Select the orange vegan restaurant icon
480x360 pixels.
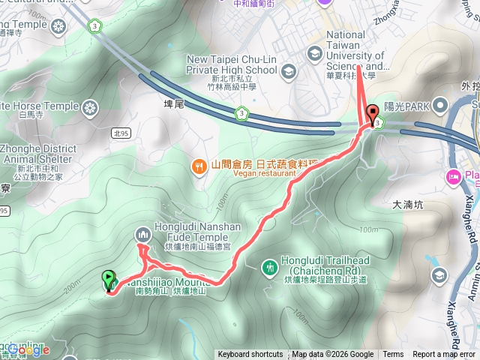(x=199, y=165)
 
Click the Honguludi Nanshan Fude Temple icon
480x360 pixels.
(x=143, y=235)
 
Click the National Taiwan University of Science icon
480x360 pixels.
(x=313, y=52)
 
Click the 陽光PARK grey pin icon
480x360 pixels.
(x=440, y=106)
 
